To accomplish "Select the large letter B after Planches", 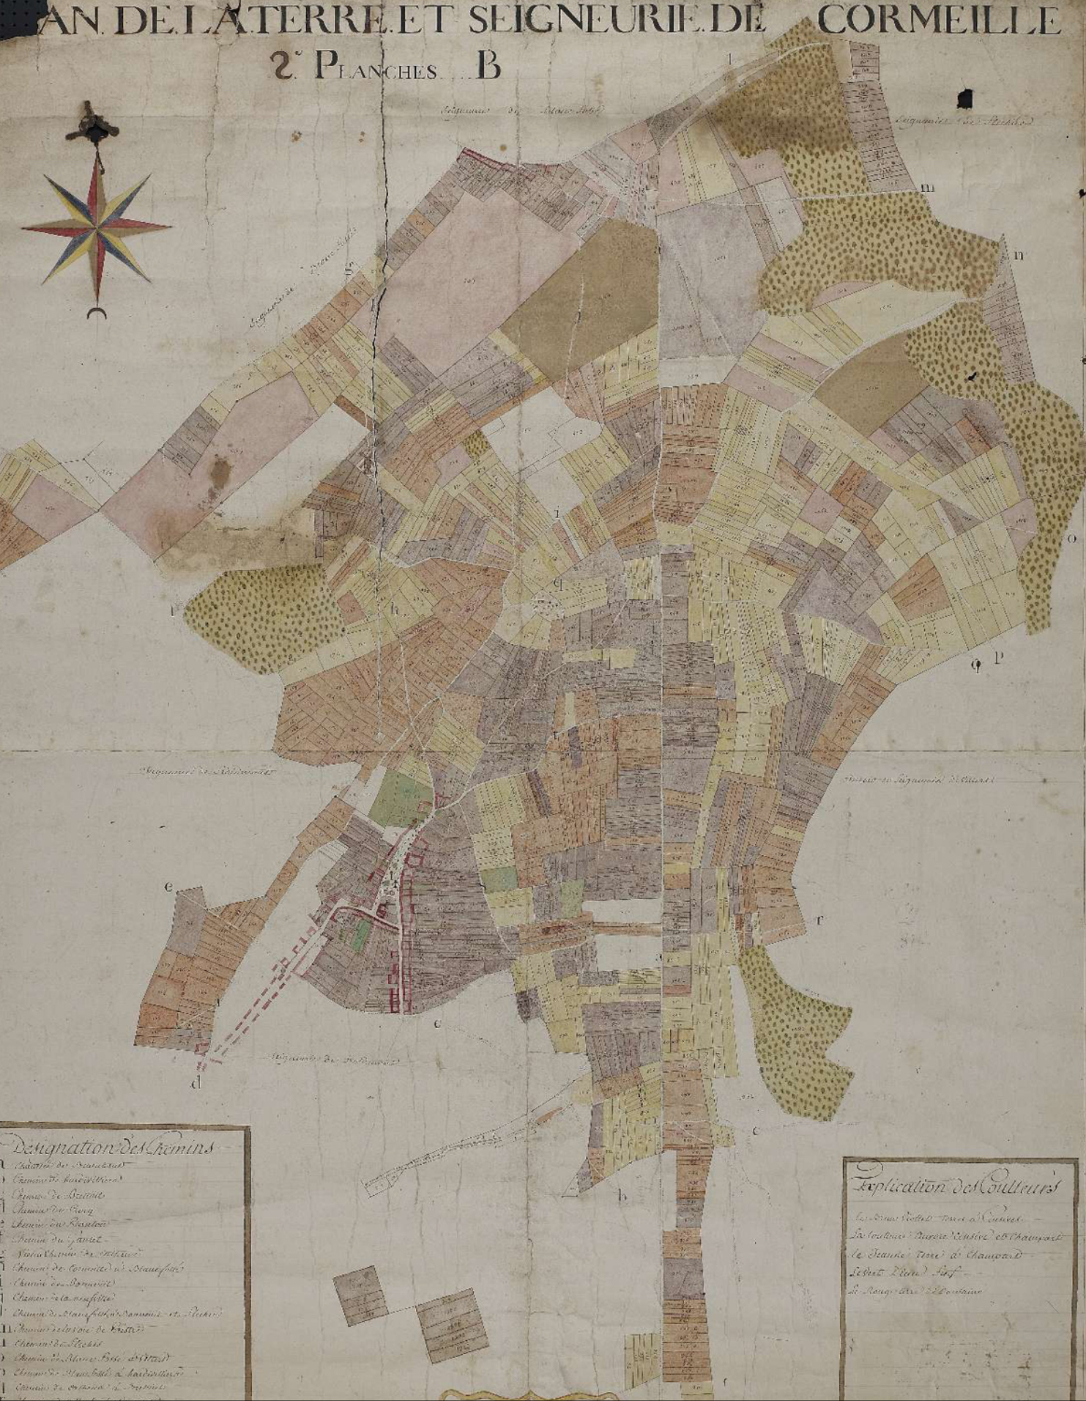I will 488,67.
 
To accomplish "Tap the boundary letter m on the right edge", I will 927,188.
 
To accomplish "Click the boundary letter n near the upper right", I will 1019,255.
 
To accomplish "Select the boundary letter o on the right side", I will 1073,538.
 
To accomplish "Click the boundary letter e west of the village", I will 168,887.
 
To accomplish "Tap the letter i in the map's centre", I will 557,512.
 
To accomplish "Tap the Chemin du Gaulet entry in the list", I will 59,1238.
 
